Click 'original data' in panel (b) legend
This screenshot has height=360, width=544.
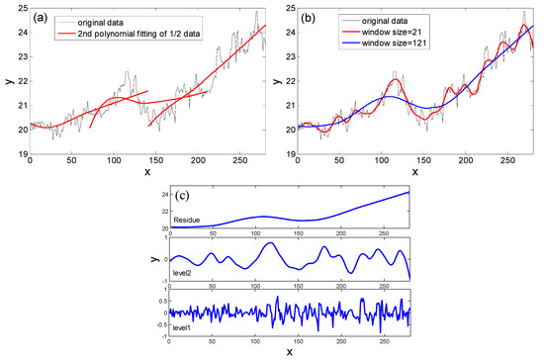393,22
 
